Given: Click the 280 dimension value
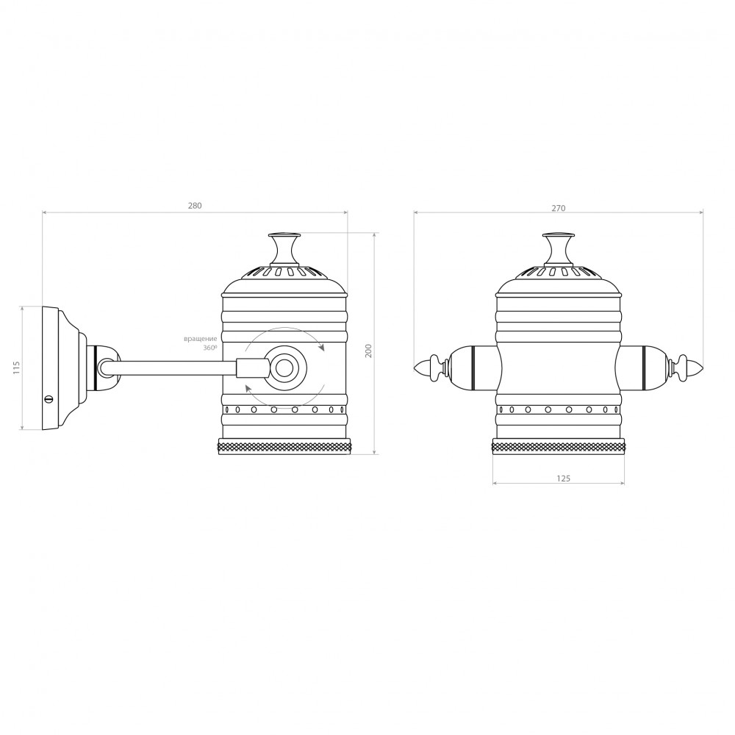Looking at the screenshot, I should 194,206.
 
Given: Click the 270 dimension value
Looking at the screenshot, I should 559,208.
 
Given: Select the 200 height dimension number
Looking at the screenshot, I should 369,352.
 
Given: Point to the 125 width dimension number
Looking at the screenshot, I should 562,478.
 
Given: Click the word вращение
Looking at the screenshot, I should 201,339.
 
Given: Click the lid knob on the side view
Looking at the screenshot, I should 284,248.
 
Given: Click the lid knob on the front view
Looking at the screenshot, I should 559,248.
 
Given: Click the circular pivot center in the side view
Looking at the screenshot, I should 284,365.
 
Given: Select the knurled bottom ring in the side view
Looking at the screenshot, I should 285,446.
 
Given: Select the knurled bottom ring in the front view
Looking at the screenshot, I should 559,446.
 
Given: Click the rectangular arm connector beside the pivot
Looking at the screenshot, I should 251,367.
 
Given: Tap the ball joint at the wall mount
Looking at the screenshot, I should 105,366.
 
